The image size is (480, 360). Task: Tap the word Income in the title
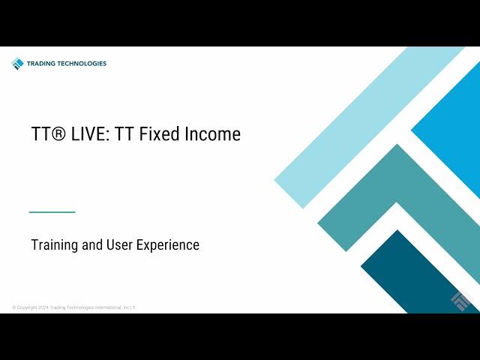point(212,133)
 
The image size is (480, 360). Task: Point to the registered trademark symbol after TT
point(57,133)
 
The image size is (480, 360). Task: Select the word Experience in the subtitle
point(168,245)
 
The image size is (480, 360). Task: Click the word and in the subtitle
point(92,244)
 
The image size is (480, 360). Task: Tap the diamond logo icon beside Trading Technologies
point(17,64)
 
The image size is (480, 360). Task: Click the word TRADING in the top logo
point(41,64)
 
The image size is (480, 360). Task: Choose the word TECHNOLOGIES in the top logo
point(82,64)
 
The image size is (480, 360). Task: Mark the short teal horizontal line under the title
point(52,211)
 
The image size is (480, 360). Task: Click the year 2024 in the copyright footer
point(43,307)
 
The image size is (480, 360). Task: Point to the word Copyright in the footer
point(27,307)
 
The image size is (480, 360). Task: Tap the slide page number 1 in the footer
point(133,307)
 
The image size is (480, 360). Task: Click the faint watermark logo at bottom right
point(462,300)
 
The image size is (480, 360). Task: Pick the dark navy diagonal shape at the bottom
point(415,272)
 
